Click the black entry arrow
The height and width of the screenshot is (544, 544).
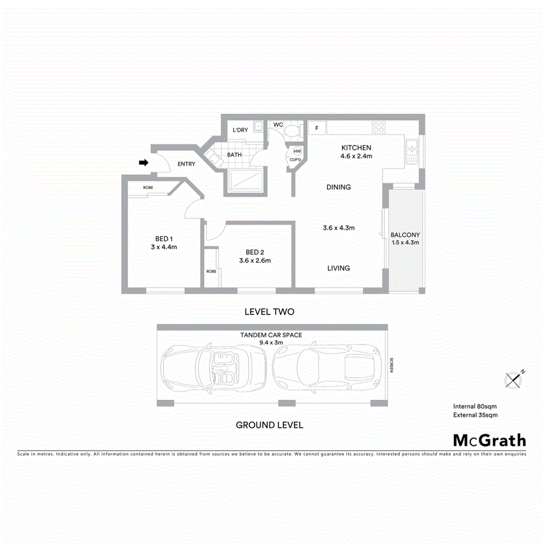(x=144, y=163)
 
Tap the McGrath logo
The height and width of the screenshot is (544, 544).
(x=489, y=440)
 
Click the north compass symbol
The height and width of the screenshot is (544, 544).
(x=513, y=379)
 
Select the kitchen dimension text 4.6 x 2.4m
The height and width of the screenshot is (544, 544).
(x=356, y=156)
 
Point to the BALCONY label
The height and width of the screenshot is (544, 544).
(x=405, y=235)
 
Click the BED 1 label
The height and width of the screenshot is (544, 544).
(x=163, y=238)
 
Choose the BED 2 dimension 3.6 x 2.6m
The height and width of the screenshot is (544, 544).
(x=255, y=261)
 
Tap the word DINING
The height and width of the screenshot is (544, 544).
(x=339, y=187)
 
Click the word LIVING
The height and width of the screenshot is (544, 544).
(x=339, y=268)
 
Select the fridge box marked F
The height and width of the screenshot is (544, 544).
(x=317, y=128)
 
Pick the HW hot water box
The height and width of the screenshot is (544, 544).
(x=297, y=151)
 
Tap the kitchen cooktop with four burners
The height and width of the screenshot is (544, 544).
(x=378, y=128)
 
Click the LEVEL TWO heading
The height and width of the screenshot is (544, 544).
(x=269, y=313)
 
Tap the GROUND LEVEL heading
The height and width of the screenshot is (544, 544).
(x=269, y=425)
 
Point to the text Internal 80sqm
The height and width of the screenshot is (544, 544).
(x=475, y=406)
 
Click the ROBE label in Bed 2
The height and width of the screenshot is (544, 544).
(x=211, y=271)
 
